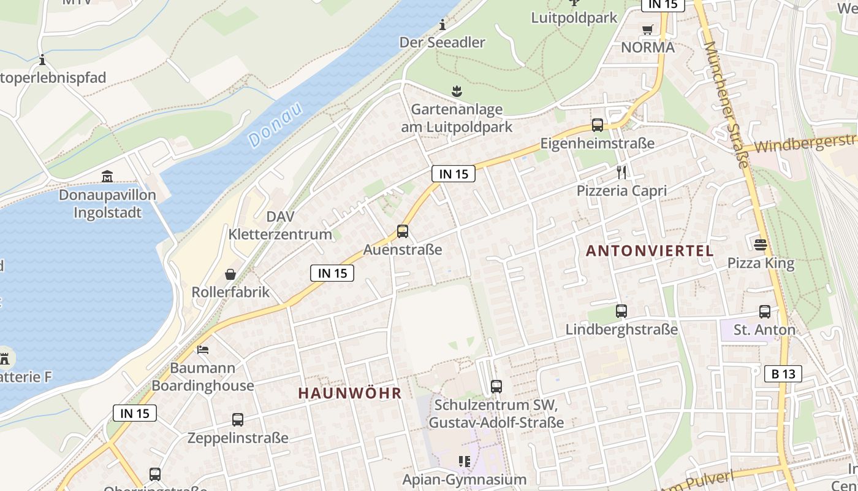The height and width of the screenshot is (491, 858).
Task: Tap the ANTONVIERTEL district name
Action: point(650,250)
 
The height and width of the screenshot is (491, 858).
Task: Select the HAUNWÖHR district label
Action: point(350,393)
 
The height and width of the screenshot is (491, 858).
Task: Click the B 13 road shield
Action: point(783,373)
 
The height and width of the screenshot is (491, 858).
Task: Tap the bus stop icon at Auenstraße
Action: point(403,231)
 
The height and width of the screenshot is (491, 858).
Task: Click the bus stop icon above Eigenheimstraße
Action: point(598,125)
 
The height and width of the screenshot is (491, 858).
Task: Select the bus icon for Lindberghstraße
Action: point(621,311)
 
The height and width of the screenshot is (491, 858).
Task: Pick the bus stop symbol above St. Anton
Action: point(765,311)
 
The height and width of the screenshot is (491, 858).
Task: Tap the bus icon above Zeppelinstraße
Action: point(238,420)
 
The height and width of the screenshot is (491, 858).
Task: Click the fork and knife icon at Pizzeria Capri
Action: point(621,172)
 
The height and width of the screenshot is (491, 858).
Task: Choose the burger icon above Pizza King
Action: point(761,245)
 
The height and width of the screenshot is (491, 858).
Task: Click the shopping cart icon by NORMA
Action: point(648,29)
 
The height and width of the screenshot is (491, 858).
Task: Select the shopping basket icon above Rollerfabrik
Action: point(230,274)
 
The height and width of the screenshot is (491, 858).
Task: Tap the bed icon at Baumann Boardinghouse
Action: point(203,350)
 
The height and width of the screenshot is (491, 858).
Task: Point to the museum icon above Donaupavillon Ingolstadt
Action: point(107,177)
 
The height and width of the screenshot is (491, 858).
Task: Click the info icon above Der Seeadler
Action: point(442,25)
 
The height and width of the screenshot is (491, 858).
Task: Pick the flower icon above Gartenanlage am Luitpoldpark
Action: point(457,91)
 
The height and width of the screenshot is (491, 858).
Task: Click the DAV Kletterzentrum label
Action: point(280,225)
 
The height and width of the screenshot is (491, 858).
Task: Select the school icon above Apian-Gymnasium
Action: point(464,461)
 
